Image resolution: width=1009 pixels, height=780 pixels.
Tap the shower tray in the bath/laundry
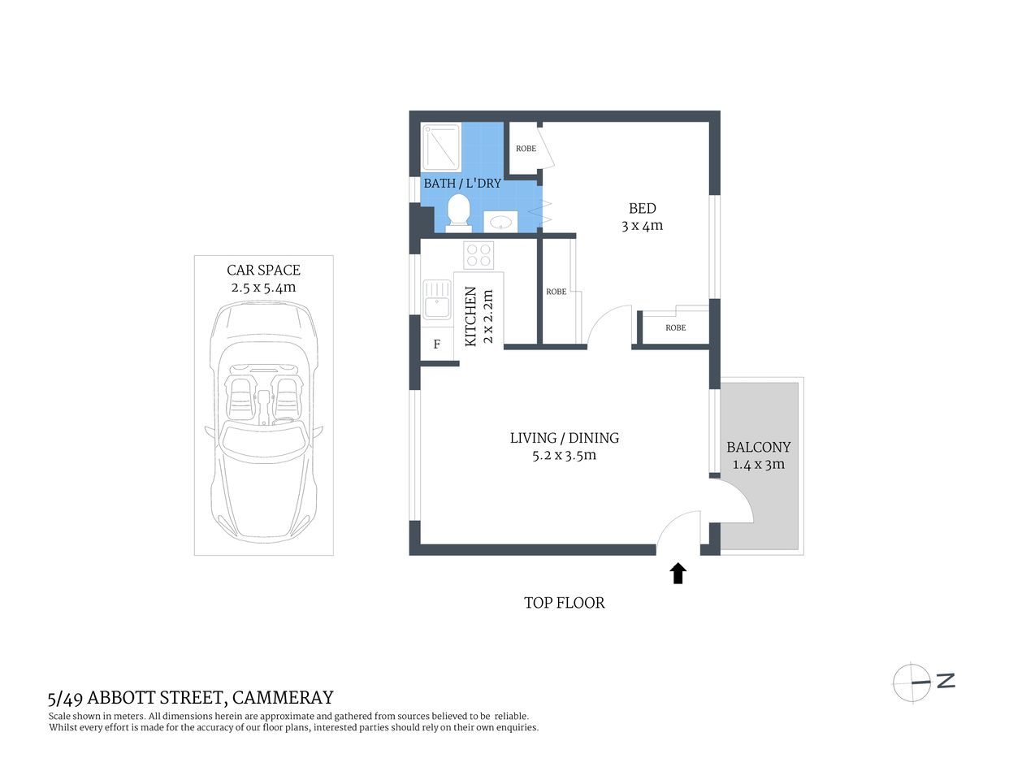pos(441,147)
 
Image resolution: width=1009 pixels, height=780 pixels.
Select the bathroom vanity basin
pos(500,221)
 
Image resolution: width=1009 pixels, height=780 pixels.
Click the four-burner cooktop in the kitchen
pos(479,255)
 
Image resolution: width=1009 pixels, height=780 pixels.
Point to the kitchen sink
pos(437,298)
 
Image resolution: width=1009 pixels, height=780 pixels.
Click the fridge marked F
pos(436,344)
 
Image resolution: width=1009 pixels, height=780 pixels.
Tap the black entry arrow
pos(678,574)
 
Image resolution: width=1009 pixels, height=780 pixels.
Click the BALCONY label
pos(758,447)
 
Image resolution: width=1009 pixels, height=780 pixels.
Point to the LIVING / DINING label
pos(564,438)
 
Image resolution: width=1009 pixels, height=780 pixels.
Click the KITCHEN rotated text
pos(470,317)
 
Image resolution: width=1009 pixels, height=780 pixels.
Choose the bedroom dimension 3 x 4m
pos(642,226)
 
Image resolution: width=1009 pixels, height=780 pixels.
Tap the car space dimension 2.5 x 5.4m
pos(263,288)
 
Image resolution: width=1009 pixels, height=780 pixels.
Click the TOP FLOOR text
pos(564,603)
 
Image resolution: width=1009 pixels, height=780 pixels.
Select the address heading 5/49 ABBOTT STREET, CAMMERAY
pos(191,697)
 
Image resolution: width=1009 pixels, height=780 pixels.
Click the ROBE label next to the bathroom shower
pos(526,149)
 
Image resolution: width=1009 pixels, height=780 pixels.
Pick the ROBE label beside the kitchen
pos(556,292)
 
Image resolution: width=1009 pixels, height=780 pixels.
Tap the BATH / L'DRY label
pos(462,184)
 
